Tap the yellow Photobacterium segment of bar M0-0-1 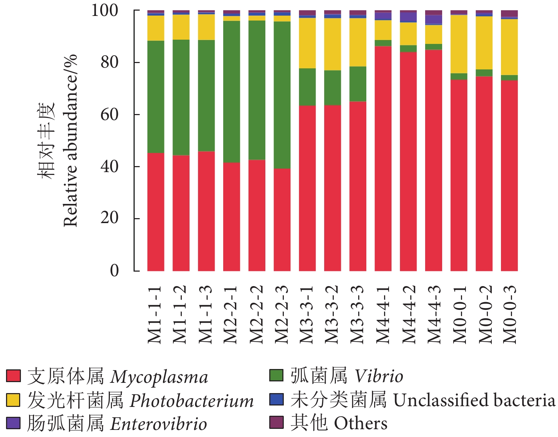coord(459,44)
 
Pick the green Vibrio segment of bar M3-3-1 coord(307,87)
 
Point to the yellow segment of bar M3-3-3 coord(358,42)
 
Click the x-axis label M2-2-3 coord(282,314)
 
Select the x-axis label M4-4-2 coord(408,314)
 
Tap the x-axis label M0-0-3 coord(509,314)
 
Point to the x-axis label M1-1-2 coord(181,314)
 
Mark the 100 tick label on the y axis coord(105,10)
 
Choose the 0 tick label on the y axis coord(114,271)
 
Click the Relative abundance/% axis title coord(70,140)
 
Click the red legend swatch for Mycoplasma coord(13,376)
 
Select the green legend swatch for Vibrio coord(276,375)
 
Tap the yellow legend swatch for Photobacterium coord(13,399)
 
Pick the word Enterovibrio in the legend coord(158,424)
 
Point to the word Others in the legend coord(361,423)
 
